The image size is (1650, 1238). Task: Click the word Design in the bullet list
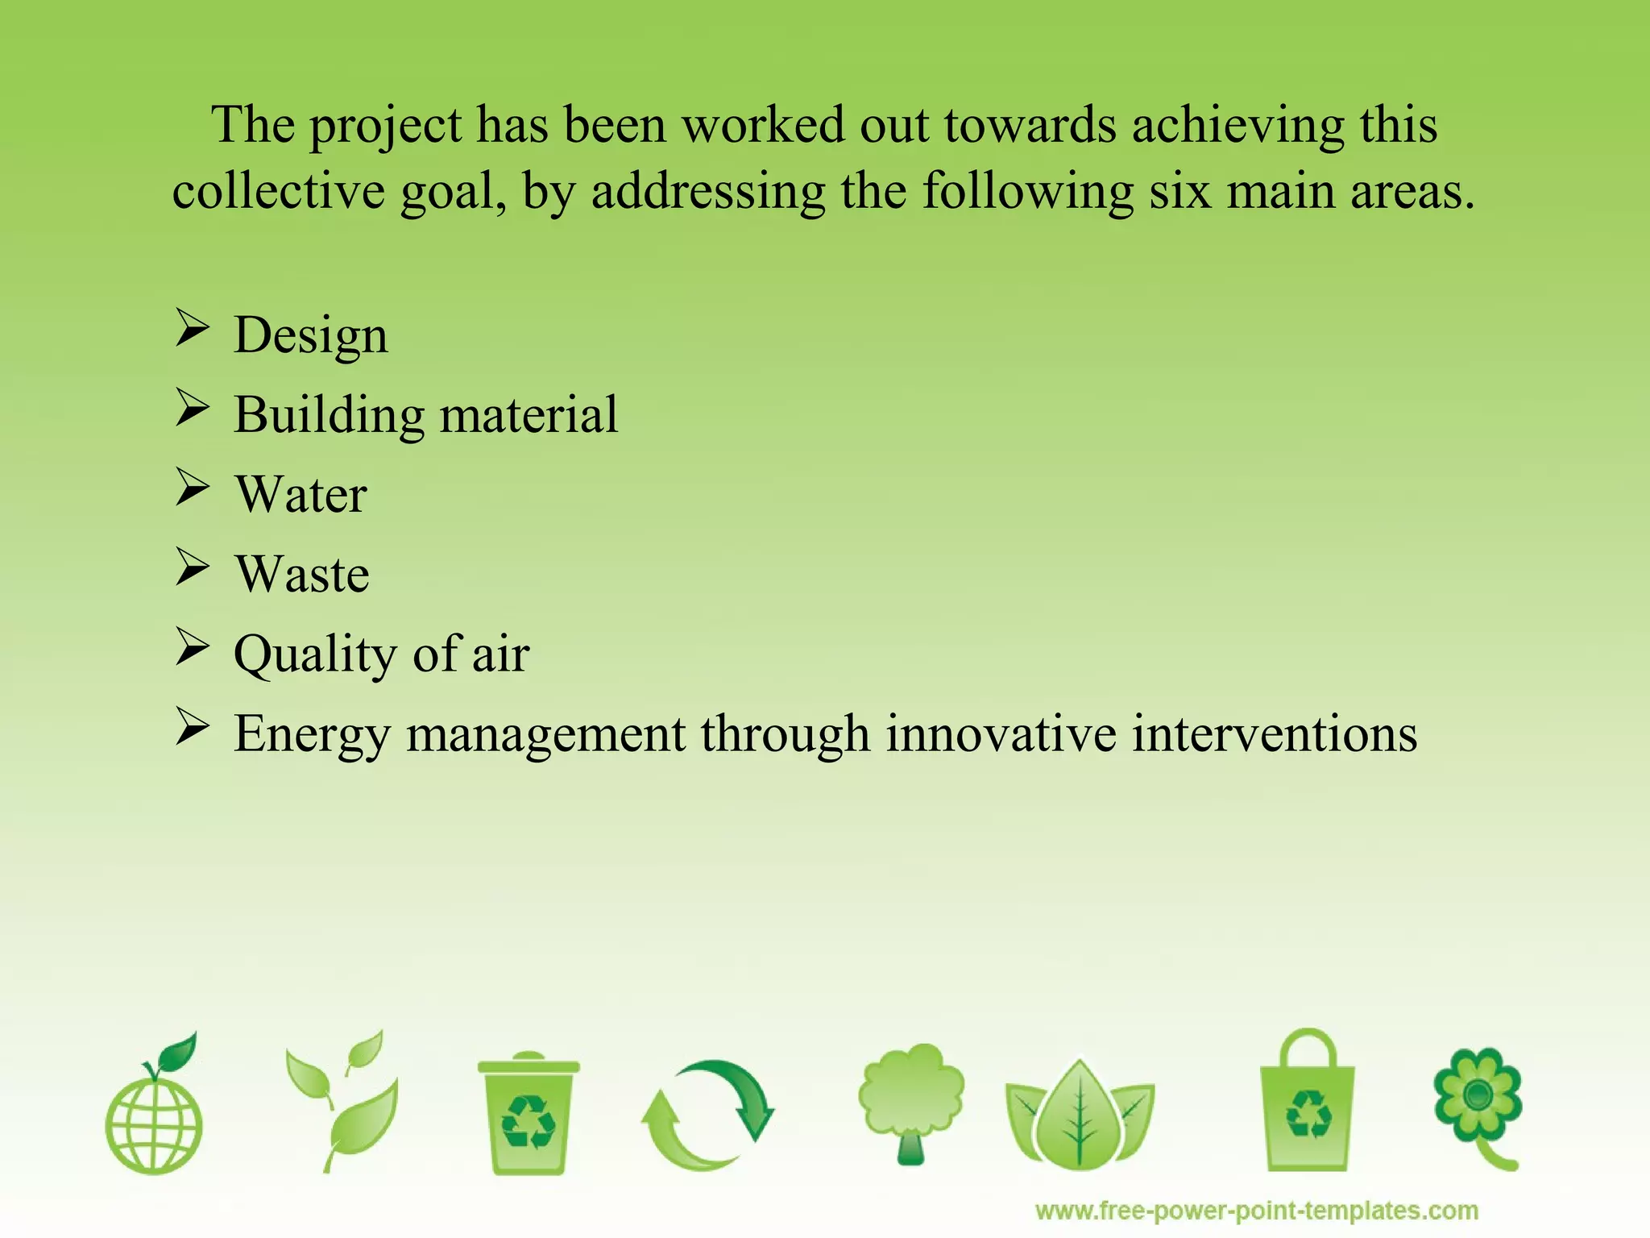pyautogui.click(x=310, y=336)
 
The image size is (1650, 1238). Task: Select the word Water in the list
pyautogui.click(x=301, y=494)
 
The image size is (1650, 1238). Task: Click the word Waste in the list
pyautogui.click(x=302, y=574)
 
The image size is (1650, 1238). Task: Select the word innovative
pyautogui.click(x=1001, y=733)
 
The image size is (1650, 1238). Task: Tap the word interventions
pyautogui.click(x=1275, y=733)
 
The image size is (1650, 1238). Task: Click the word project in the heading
pyautogui.click(x=386, y=127)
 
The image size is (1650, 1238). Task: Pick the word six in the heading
pyautogui.click(x=1179, y=192)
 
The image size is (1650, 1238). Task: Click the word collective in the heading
pyautogui.click(x=278, y=192)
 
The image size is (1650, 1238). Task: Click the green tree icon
pyautogui.click(x=911, y=1100)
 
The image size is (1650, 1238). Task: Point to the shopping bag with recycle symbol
pyautogui.click(x=1307, y=1104)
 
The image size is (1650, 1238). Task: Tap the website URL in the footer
pyautogui.click(x=1256, y=1211)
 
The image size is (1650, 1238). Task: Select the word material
pyautogui.click(x=529, y=415)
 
